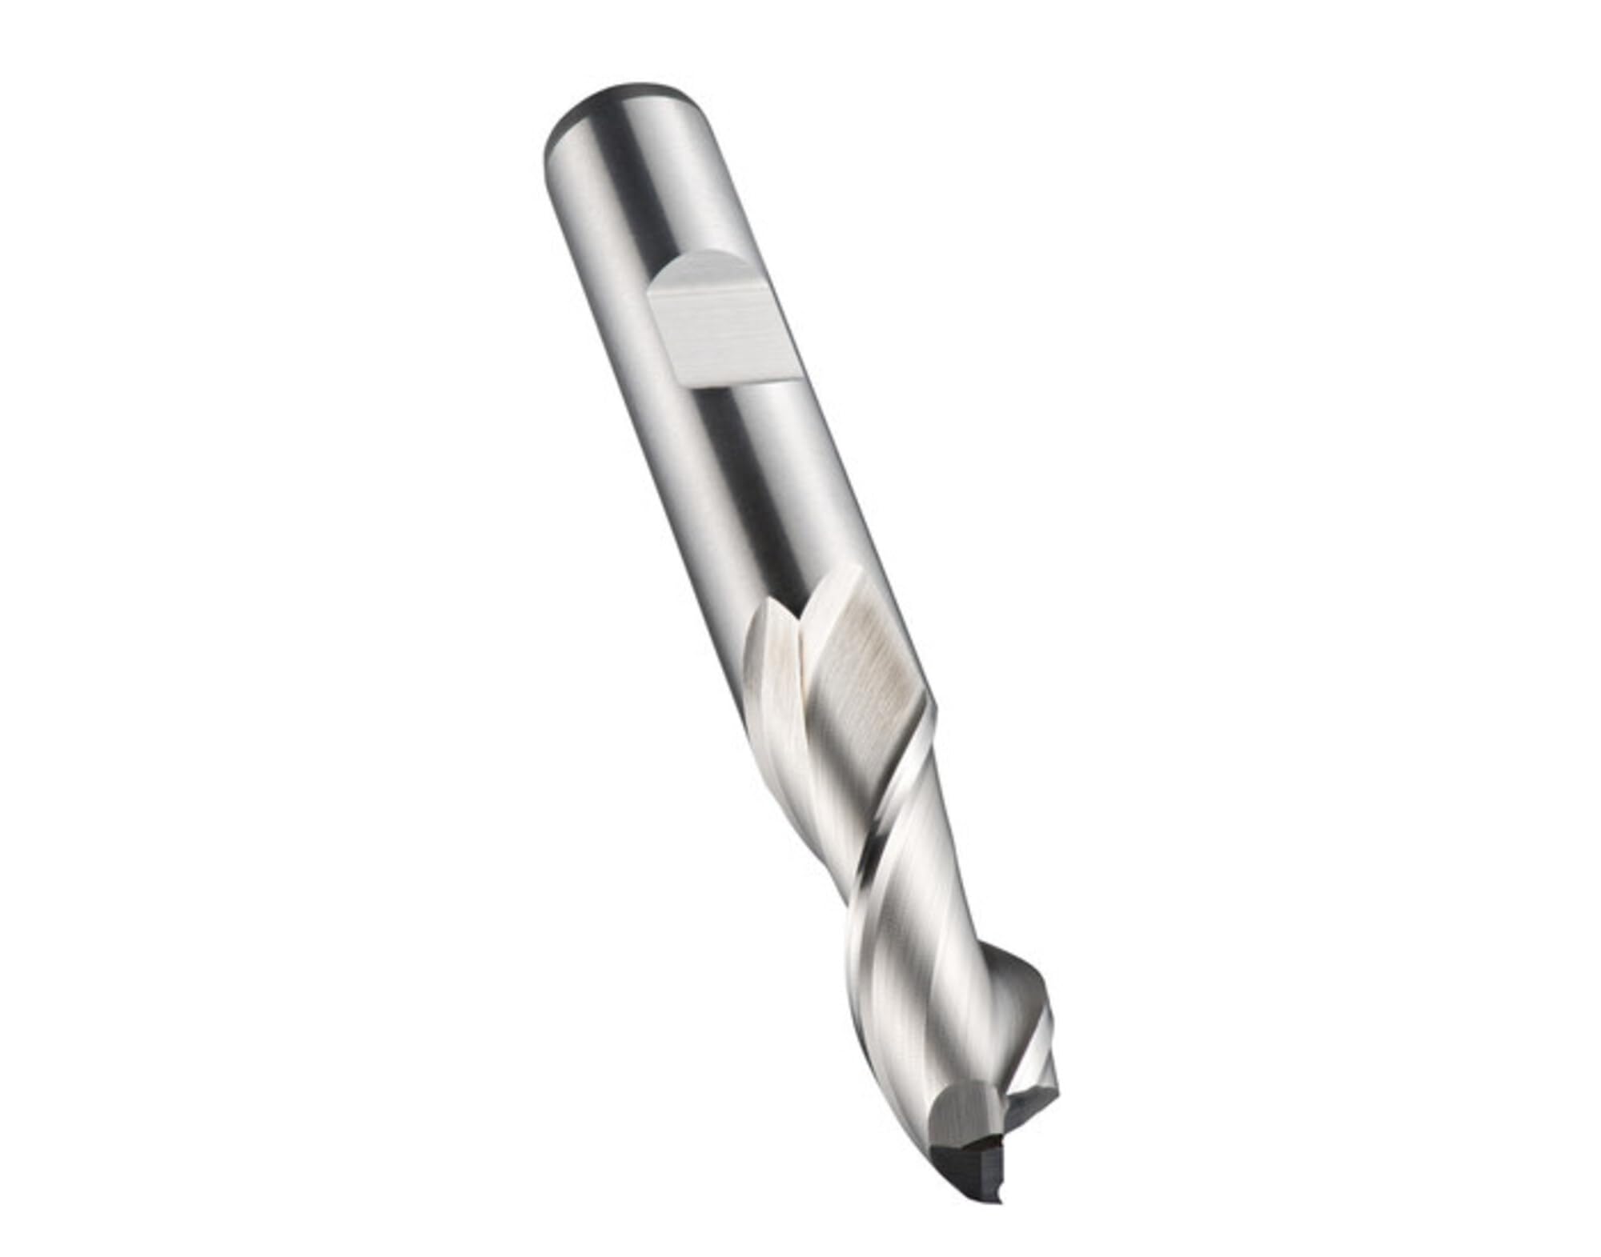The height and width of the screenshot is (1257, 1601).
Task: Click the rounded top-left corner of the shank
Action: pos(552,140)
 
